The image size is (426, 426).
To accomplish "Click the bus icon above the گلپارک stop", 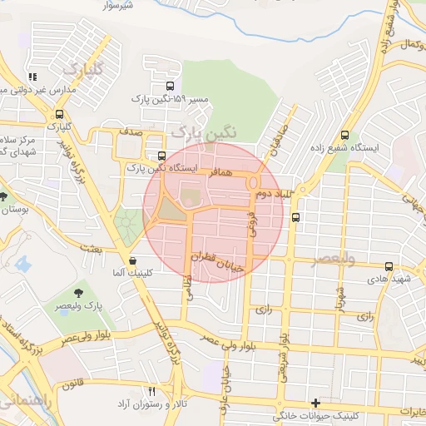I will pyautogui.click(x=59, y=115).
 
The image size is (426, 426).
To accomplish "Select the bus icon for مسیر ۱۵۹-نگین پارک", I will pyautogui.click(x=170, y=85).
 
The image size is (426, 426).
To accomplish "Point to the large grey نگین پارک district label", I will pyautogui.click(x=203, y=131).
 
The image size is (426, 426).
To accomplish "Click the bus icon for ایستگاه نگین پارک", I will pyautogui.click(x=161, y=156).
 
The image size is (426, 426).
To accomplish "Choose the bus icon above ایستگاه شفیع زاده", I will pyautogui.click(x=344, y=136).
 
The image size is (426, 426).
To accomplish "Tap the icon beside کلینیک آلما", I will pyautogui.click(x=133, y=260).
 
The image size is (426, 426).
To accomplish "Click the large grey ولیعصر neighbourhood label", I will pyautogui.click(x=333, y=260).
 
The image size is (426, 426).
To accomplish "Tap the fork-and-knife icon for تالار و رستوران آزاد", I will pyautogui.click(x=151, y=391).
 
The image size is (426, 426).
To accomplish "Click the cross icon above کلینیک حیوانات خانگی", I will pyautogui.click(x=315, y=404).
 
